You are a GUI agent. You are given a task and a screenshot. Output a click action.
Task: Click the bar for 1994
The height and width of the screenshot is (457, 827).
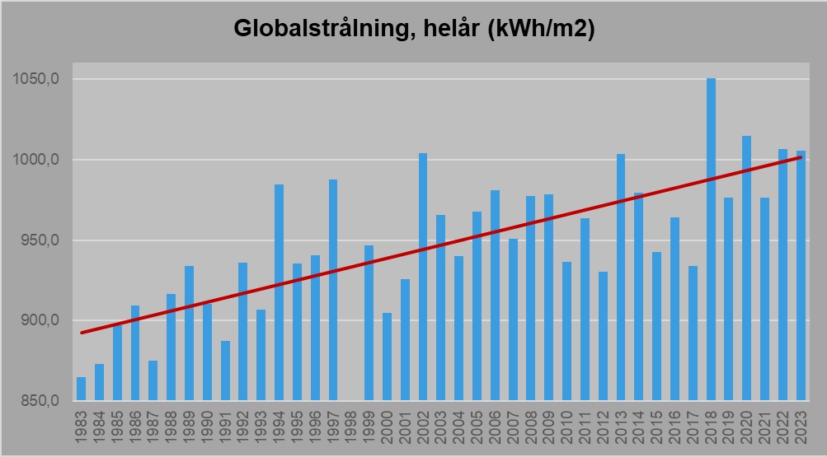[x=279, y=292]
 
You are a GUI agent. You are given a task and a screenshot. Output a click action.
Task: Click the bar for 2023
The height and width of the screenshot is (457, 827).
[x=801, y=276]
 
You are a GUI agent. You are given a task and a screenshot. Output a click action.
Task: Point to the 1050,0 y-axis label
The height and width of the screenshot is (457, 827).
[x=34, y=80]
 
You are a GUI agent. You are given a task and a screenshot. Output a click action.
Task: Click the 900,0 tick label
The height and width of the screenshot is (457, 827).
[x=37, y=321]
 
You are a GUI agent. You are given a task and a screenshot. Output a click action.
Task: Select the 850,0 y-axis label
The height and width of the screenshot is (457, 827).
[x=37, y=401]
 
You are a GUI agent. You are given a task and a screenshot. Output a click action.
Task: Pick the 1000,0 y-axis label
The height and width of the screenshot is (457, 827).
[x=34, y=160]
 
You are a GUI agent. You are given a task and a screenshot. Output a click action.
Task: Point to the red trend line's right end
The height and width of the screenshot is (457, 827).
[x=801, y=157]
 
